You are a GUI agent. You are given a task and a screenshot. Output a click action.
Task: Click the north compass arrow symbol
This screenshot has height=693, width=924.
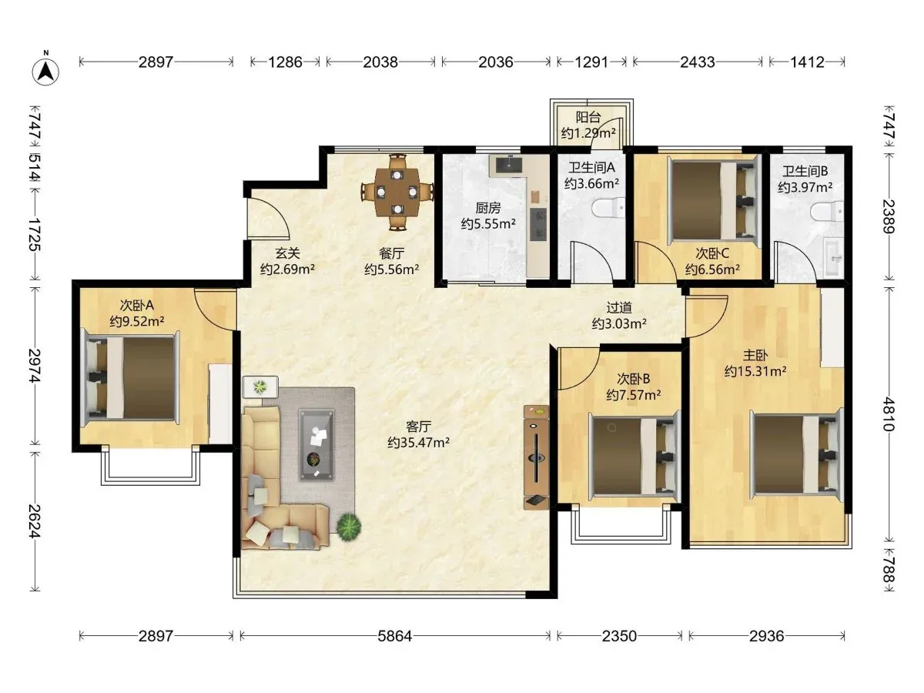45,72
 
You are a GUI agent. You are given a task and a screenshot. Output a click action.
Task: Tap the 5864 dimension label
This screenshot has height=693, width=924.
394,636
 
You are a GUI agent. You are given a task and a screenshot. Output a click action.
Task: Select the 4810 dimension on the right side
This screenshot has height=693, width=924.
889,413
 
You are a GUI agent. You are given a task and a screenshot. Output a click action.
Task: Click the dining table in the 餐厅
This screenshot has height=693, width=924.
397,192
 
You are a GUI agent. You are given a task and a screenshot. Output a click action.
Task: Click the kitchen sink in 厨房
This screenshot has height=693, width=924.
509,164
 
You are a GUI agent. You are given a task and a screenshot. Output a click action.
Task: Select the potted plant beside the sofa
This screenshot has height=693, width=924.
349,527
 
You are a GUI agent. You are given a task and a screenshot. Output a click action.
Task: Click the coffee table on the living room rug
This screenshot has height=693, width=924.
316,444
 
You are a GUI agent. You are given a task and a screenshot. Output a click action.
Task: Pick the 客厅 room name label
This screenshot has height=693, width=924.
418,427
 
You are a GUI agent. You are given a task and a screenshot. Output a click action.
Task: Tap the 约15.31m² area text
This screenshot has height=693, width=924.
755,371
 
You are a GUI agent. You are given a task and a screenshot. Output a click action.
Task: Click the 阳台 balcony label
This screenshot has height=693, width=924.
588,117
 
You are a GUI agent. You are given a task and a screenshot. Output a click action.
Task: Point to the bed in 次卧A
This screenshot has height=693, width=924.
130,377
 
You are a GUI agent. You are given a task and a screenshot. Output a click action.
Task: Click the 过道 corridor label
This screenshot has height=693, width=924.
619,307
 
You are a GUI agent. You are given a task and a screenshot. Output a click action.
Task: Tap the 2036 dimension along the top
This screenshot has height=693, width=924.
495,62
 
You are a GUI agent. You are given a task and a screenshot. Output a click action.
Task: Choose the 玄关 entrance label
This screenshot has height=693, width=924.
287,253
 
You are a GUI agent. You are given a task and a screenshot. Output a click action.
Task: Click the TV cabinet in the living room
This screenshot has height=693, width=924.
536,457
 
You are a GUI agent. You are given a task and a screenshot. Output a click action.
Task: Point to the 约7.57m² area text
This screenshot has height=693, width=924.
633,395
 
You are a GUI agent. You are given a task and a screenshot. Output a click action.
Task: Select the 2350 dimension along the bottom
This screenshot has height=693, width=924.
619,636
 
